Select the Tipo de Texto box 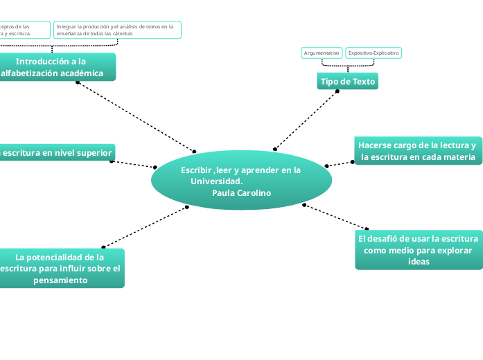347,81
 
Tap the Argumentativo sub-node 322,53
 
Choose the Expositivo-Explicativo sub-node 373,53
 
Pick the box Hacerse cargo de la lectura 417,151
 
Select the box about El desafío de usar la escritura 419,250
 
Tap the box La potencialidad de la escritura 61,268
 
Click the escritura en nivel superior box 57,152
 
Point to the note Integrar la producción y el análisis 117,29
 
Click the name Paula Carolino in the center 242,192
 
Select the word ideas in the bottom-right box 419,262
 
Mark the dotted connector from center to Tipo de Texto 306,120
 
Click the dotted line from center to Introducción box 136,117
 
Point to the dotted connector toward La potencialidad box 146,226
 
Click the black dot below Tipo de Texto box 337,91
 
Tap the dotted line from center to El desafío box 336,216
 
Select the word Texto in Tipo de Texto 363,81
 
